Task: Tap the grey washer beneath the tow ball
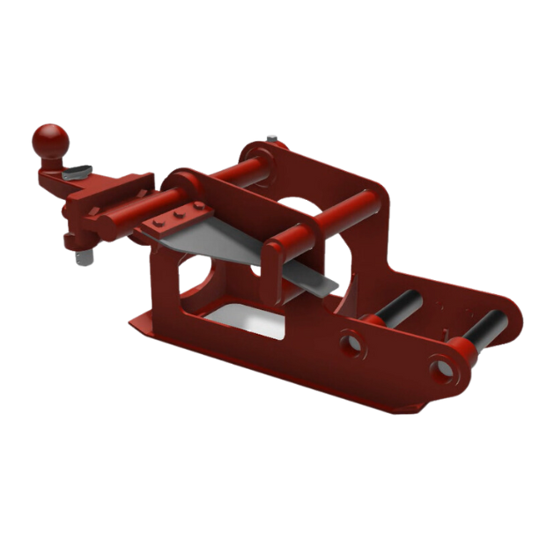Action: coord(78,171)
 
